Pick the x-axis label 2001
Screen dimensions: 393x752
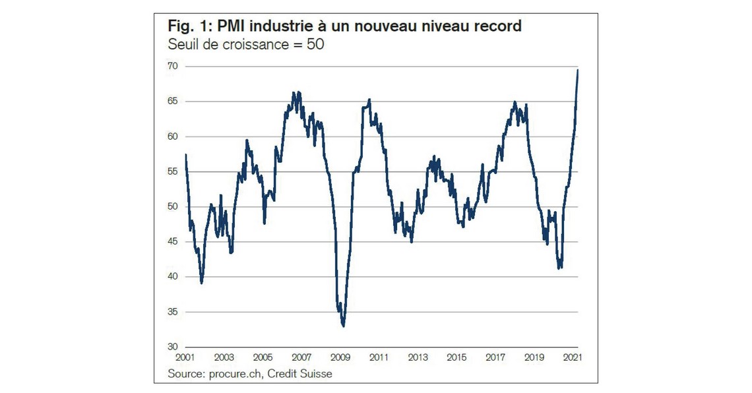186,358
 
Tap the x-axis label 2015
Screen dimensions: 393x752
456,358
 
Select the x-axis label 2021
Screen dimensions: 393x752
572,358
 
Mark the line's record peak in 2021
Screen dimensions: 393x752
578,70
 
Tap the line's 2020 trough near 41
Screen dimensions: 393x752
559,268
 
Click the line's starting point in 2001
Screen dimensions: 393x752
186,154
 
